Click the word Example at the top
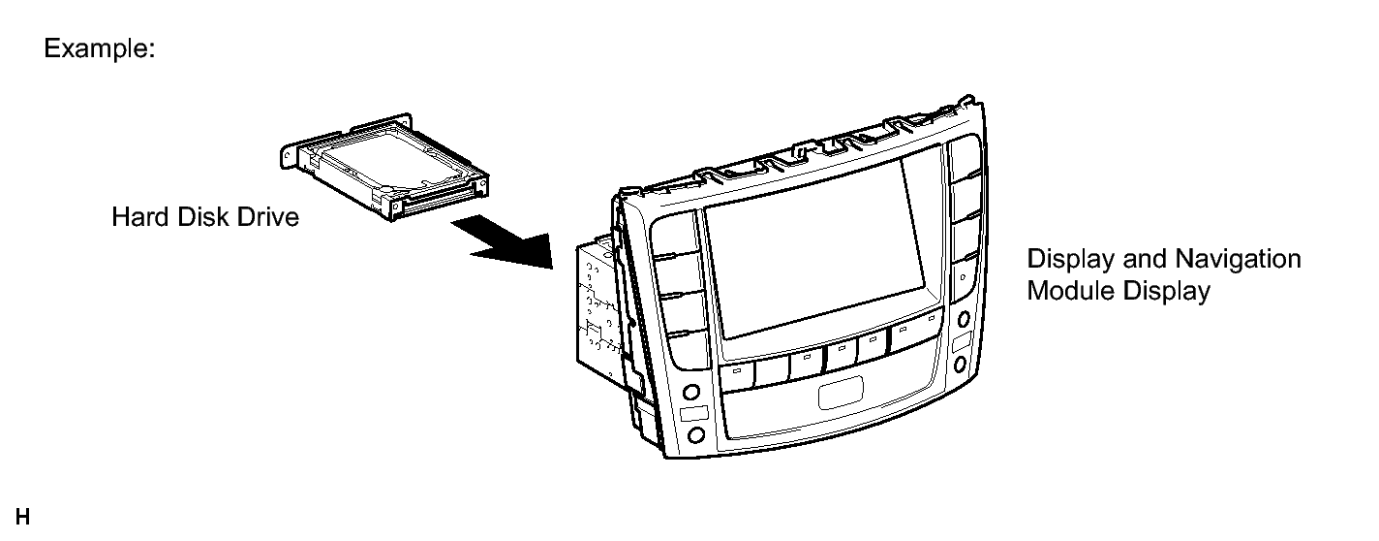tap(98, 48)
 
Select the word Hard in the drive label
tap(139, 217)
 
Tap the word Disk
tap(203, 217)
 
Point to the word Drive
tap(268, 217)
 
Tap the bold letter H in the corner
tap(23, 517)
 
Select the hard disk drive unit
tap(384, 167)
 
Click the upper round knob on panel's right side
tap(964, 319)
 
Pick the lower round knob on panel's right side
tap(960, 365)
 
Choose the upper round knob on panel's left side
tap(690, 392)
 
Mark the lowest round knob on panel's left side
tap(695, 435)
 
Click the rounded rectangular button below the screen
tap(841, 393)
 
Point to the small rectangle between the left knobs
tap(693, 413)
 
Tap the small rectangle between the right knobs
tap(961, 342)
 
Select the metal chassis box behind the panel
tap(600, 308)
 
